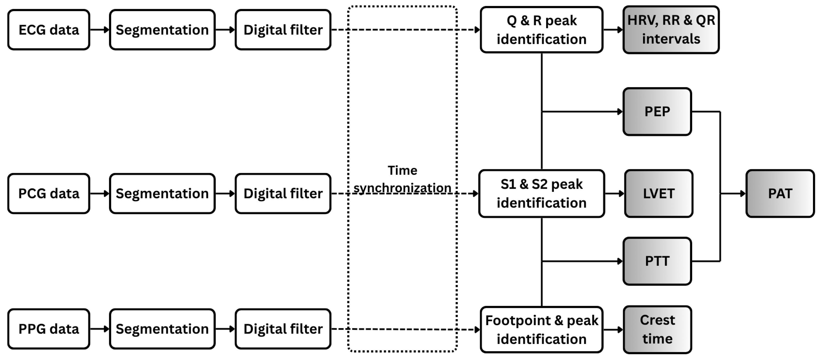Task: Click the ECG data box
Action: click(x=49, y=30)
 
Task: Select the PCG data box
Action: click(x=49, y=193)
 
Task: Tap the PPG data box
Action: click(x=49, y=329)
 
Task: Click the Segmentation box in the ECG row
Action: click(x=162, y=30)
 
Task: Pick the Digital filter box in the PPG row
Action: click(x=283, y=329)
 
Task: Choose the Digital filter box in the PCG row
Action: click(x=283, y=193)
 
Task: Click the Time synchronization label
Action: click(x=402, y=179)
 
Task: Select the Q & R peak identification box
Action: click(x=541, y=30)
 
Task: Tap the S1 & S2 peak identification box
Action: click(x=541, y=193)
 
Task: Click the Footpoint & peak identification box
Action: click(x=541, y=329)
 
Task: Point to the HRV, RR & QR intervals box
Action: click(x=671, y=30)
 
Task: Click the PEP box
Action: click(x=657, y=112)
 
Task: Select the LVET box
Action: click(x=658, y=193)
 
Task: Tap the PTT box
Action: click(x=657, y=261)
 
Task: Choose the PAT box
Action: click(x=780, y=193)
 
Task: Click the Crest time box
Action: click(x=657, y=329)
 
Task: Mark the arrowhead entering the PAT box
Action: click(x=743, y=193)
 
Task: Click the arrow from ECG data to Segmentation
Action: click(x=99, y=30)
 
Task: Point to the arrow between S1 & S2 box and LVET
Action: click(x=614, y=193)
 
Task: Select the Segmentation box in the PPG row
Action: click(x=162, y=329)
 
